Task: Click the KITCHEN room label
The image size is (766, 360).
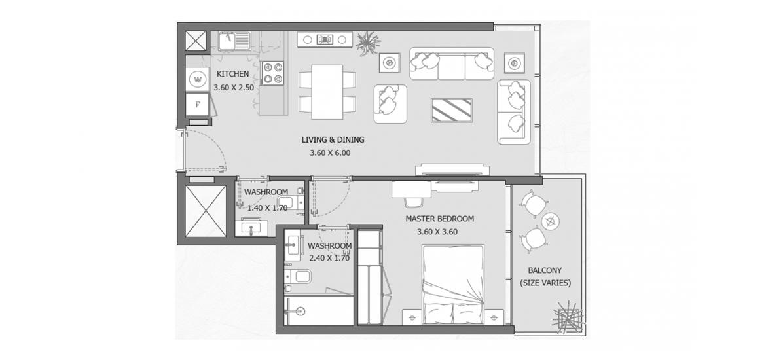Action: click(x=232, y=74)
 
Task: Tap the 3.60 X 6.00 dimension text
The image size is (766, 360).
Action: click(x=330, y=153)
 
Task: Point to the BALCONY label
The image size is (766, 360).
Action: click(x=545, y=270)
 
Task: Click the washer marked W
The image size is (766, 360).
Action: click(x=198, y=79)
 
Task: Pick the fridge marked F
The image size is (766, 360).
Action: click(x=198, y=104)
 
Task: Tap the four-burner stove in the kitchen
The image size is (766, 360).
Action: click(x=272, y=73)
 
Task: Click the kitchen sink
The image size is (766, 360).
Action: click(x=234, y=41)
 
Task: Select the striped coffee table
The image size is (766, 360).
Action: click(x=451, y=111)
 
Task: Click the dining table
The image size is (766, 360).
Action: click(x=327, y=92)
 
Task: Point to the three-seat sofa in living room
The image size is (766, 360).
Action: click(x=452, y=63)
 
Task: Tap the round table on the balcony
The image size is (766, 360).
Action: click(x=551, y=221)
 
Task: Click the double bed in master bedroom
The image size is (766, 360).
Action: click(x=453, y=284)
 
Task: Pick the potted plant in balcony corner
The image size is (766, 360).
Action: click(x=568, y=317)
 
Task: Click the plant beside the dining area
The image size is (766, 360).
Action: click(x=368, y=43)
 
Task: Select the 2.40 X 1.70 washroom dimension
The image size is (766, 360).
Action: click(x=329, y=259)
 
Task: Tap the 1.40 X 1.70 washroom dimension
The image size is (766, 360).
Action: click(x=267, y=207)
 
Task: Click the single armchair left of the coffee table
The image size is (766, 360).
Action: click(x=391, y=103)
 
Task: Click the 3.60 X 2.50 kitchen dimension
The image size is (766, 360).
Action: click(x=234, y=88)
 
